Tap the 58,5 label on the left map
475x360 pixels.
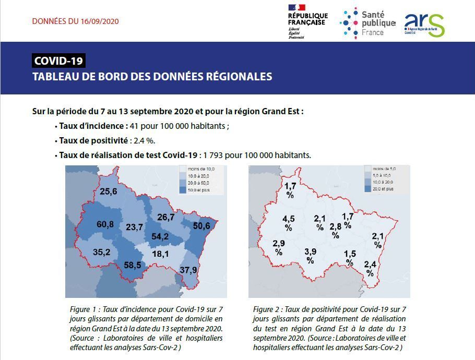point(132,265)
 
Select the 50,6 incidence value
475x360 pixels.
point(201,225)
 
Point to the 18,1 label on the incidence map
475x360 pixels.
point(160,254)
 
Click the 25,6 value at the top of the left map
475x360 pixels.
point(108,191)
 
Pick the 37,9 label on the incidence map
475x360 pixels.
point(188,270)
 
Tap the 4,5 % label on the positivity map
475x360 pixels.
point(288,223)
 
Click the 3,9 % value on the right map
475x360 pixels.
point(310,256)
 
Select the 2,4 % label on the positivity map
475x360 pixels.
point(370,268)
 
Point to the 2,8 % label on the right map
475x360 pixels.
point(335,230)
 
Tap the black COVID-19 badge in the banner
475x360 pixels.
point(58,61)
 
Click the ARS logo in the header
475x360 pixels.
point(424,25)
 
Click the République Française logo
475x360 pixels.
point(307,21)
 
